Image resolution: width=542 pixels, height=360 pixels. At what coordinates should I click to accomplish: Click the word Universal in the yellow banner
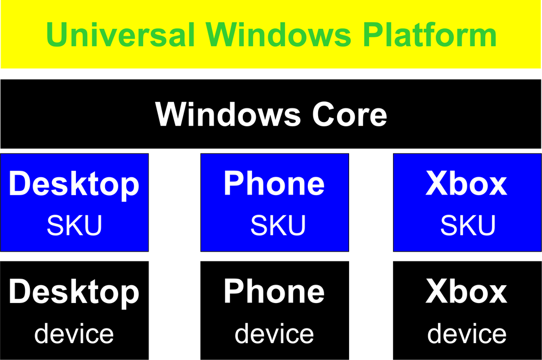121,35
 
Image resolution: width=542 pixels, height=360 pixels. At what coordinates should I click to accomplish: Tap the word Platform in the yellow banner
430,35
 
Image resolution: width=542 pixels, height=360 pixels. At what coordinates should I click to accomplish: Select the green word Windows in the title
279,35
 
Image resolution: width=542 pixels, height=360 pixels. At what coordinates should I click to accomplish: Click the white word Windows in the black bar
228,114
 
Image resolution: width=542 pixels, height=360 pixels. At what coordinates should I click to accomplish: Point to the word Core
350,114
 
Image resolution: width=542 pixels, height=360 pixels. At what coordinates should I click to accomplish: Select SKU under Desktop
74,225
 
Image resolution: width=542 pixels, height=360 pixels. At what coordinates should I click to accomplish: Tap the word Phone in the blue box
274,183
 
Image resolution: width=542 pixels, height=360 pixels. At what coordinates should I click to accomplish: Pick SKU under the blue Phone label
278,225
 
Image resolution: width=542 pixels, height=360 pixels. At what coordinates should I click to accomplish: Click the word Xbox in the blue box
466,183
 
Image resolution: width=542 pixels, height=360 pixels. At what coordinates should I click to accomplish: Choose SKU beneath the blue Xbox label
468,225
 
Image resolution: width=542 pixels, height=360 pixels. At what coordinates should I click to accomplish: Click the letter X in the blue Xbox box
437,183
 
